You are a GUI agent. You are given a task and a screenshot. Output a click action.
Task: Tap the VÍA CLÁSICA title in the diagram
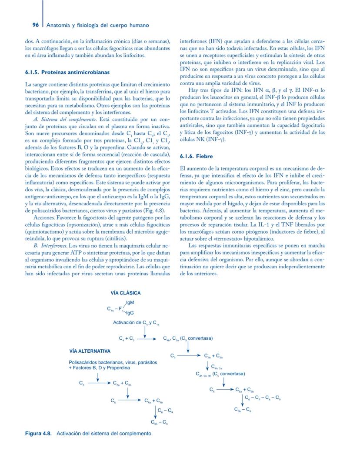(x=126, y=293)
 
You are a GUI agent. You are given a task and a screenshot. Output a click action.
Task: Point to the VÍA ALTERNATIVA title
(x=90, y=351)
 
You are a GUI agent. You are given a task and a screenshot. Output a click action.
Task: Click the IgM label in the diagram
(x=130, y=303)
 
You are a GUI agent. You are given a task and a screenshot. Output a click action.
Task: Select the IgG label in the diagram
(x=130, y=313)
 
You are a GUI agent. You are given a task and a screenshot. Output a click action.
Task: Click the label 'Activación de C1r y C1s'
(x=136, y=323)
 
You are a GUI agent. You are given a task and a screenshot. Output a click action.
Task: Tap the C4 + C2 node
(x=127, y=338)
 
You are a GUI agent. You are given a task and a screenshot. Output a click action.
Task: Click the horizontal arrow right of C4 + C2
(x=148, y=338)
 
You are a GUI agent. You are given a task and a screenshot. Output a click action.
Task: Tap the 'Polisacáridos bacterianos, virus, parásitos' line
(x=113, y=362)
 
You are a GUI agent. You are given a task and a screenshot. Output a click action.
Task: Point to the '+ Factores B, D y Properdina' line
(x=99, y=367)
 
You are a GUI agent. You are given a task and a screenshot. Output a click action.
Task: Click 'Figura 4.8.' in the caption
(x=39, y=434)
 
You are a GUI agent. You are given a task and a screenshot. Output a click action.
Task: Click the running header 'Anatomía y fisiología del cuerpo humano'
(x=98, y=25)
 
